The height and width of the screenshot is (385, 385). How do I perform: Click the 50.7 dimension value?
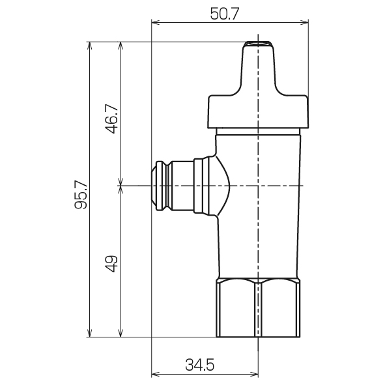coord(224,14)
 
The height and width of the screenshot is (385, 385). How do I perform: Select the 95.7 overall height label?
coord(81,195)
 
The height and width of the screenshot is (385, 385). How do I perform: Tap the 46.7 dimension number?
coord(111,119)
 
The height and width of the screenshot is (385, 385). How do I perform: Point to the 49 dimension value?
coord(111,264)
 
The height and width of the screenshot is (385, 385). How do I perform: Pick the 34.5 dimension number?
coord(199,364)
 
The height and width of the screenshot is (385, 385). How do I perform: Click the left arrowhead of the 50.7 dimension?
coord(156,23)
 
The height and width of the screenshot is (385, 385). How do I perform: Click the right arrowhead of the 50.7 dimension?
coord(304,23)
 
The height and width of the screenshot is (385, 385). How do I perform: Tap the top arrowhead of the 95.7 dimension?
coord(90,46)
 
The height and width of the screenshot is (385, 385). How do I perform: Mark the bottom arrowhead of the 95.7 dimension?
coord(90,333)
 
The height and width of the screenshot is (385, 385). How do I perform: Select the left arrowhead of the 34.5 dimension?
coord(156,375)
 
